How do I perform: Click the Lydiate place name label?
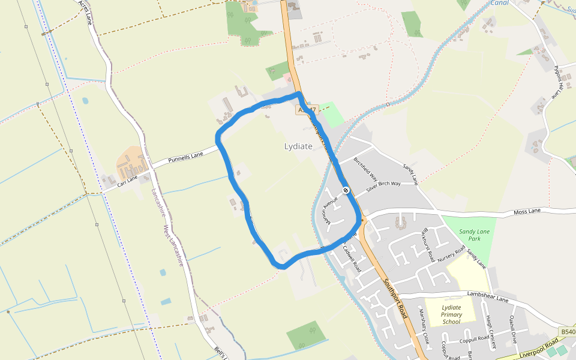click(298, 146)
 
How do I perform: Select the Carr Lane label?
click(127, 178)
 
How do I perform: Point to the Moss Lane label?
click(527, 212)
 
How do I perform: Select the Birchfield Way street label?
click(365, 170)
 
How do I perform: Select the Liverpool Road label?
click(539, 346)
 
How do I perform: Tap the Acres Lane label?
click(86, 12)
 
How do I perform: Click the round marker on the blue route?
click(346, 190)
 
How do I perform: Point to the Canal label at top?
click(499, 3)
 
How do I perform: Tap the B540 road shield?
click(567, 332)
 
